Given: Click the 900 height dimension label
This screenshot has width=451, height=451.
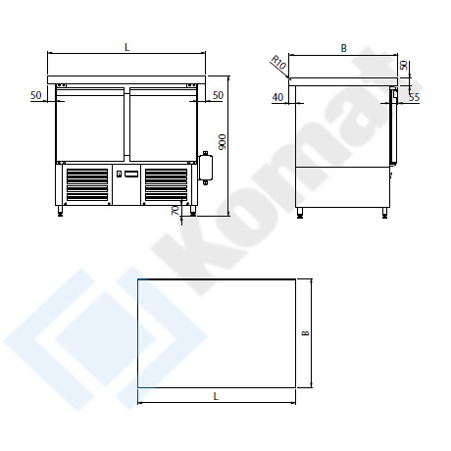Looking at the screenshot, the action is [x=223, y=142].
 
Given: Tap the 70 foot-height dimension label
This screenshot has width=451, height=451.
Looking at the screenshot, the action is [x=175, y=210].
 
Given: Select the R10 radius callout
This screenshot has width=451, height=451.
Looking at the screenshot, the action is [x=278, y=63].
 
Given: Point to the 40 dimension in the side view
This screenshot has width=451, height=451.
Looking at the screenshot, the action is [x=277, y=97].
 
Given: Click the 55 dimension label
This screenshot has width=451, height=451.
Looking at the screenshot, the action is [x=414, y=97].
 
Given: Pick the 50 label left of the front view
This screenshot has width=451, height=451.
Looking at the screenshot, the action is [x=36, y=95].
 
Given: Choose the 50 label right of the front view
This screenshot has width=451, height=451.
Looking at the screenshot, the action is [x=218, y=95].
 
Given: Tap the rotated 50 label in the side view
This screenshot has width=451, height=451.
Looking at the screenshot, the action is [x=405, y=65].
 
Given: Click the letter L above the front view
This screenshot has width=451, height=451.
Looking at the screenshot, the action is [x=127, y=47].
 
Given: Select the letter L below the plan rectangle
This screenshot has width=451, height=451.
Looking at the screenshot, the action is [x=216, y=396].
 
